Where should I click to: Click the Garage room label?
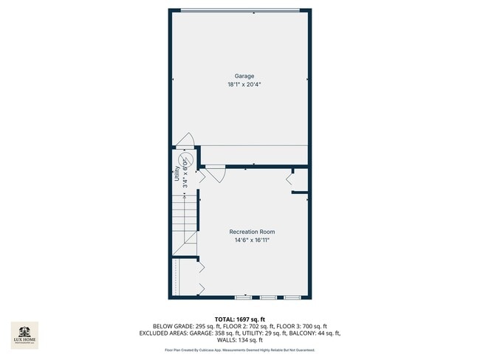coord(244,76)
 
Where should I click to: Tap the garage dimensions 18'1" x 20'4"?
coord(244,85)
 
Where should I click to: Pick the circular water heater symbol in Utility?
coord(188,160)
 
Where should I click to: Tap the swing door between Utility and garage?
coord(185,140)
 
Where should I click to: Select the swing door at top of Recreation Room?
coord(216,175)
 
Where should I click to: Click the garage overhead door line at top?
coord(241,10)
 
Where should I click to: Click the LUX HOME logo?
coord(24,334)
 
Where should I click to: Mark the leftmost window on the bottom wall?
coord(243,297)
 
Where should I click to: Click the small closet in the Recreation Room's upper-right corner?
coord(300,179)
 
